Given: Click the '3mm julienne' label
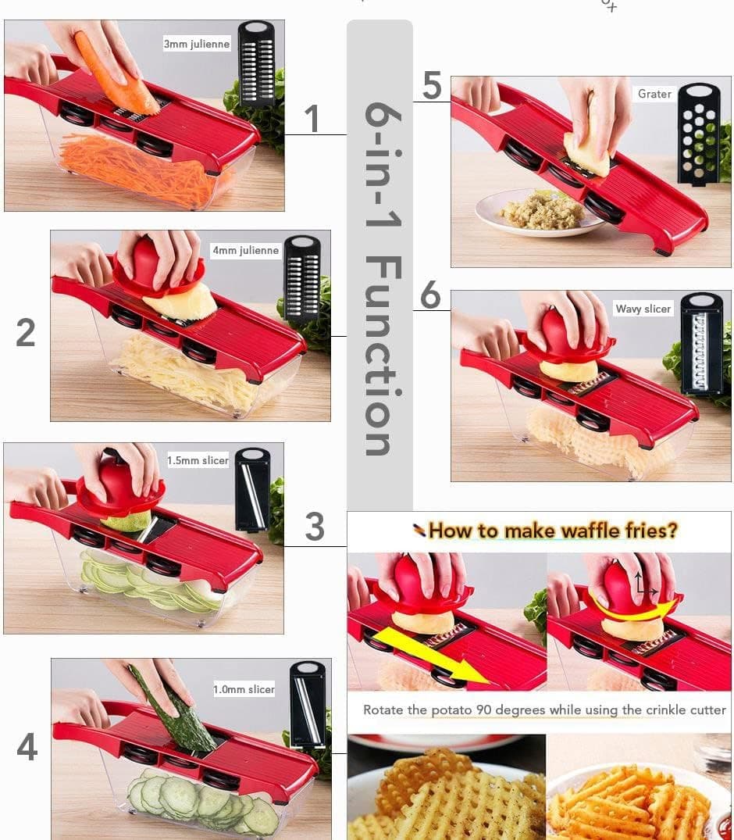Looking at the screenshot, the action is (197, 44).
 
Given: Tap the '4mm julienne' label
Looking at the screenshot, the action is (245, 250).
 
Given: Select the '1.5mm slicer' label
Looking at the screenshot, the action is (198, 460).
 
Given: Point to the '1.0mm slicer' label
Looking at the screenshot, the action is (244, 689).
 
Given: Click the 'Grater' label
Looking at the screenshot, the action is (654, 94).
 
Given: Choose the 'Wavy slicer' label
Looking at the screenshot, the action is (643, 309).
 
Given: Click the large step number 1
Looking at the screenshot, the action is (312, 119).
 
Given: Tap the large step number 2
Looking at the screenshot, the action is (26, 332).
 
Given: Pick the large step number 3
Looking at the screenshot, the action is (315, 526).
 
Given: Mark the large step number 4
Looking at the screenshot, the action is (27, 746).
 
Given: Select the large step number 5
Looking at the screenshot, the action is (432, 85).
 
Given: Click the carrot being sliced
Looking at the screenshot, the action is (114, 73).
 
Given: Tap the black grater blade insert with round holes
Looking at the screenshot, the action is (699, 134).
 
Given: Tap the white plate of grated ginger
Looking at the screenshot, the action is (540, 213).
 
